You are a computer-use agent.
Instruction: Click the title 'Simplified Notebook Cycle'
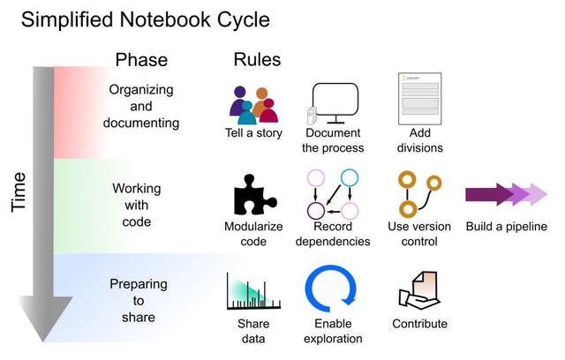click(x=146, y=19)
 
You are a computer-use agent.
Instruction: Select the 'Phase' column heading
click(x=141, y=60)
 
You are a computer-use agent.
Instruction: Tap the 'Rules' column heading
click(x=257, y=60)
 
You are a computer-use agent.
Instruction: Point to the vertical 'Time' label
click(x=19, y=191)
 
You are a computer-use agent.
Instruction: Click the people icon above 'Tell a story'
click(x=252, y=104)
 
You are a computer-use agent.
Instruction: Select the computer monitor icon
click(x=334, y=104)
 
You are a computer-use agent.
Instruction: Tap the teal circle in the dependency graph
click(x=350, y=176)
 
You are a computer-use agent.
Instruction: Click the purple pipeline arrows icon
click(x=507, y=194)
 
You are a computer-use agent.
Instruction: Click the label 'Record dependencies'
click(x=333, y=234)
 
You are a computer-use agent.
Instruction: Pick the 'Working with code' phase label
click(x=132, y=205)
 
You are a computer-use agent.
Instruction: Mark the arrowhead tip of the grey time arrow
click(x=43, y=341)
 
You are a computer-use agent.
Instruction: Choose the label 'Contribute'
click(x=419, y=324)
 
